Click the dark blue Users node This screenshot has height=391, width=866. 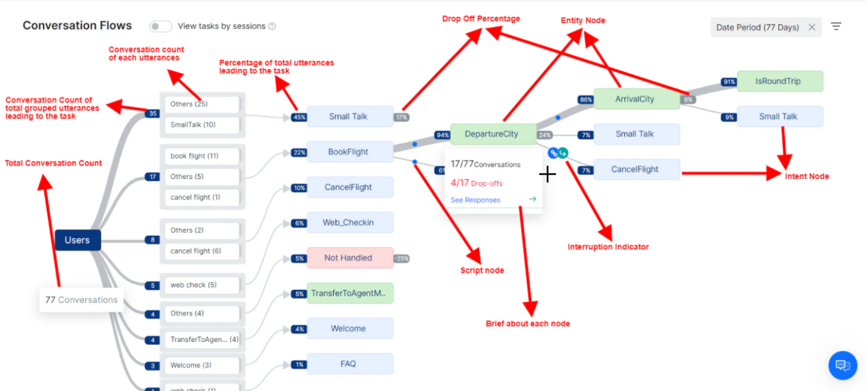[x=77, y=240]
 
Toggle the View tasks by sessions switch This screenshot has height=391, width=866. [x=160, y=26]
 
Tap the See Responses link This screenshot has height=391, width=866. [x=475, y=200]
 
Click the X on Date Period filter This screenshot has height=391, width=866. [x=811, y=27]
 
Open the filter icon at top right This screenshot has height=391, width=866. [x=836, y=26]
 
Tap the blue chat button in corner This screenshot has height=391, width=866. [x=843, y=365]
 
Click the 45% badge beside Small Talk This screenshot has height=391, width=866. [x=298, y=117]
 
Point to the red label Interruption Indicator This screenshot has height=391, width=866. [x=608, y=247]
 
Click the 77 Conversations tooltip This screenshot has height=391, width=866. [x=82, y=300]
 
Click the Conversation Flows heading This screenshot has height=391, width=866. [x=77, y=26]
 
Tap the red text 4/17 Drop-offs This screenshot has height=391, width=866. [x=476, y=183]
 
